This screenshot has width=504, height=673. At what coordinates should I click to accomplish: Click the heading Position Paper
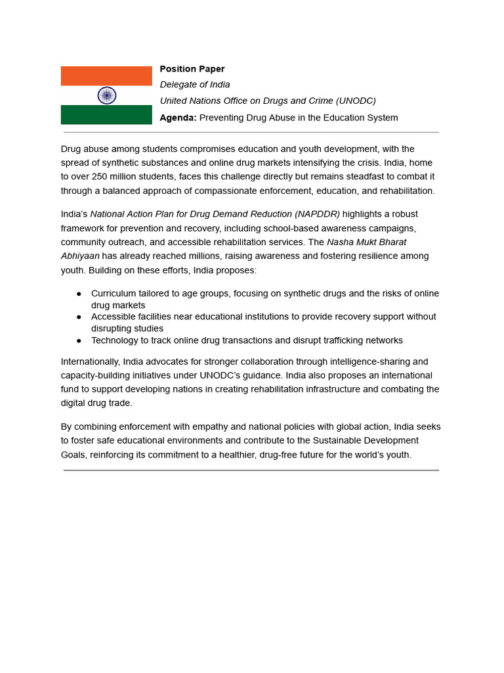192,69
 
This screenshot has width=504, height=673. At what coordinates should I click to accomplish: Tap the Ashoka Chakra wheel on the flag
107,95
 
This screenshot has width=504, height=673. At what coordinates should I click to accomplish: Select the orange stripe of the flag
106,76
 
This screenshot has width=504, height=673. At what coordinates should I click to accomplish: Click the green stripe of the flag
106,115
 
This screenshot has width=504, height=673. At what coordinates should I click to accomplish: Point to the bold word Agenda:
178,118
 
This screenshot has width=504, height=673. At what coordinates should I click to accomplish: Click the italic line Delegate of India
195,85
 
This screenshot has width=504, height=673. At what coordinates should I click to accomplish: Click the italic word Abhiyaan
80,256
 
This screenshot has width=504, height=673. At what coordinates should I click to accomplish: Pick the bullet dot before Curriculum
79,294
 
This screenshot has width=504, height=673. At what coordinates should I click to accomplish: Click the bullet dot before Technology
79,340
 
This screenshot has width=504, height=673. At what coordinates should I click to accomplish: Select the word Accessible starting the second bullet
114,317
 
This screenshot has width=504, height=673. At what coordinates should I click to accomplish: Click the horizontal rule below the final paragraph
251,471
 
